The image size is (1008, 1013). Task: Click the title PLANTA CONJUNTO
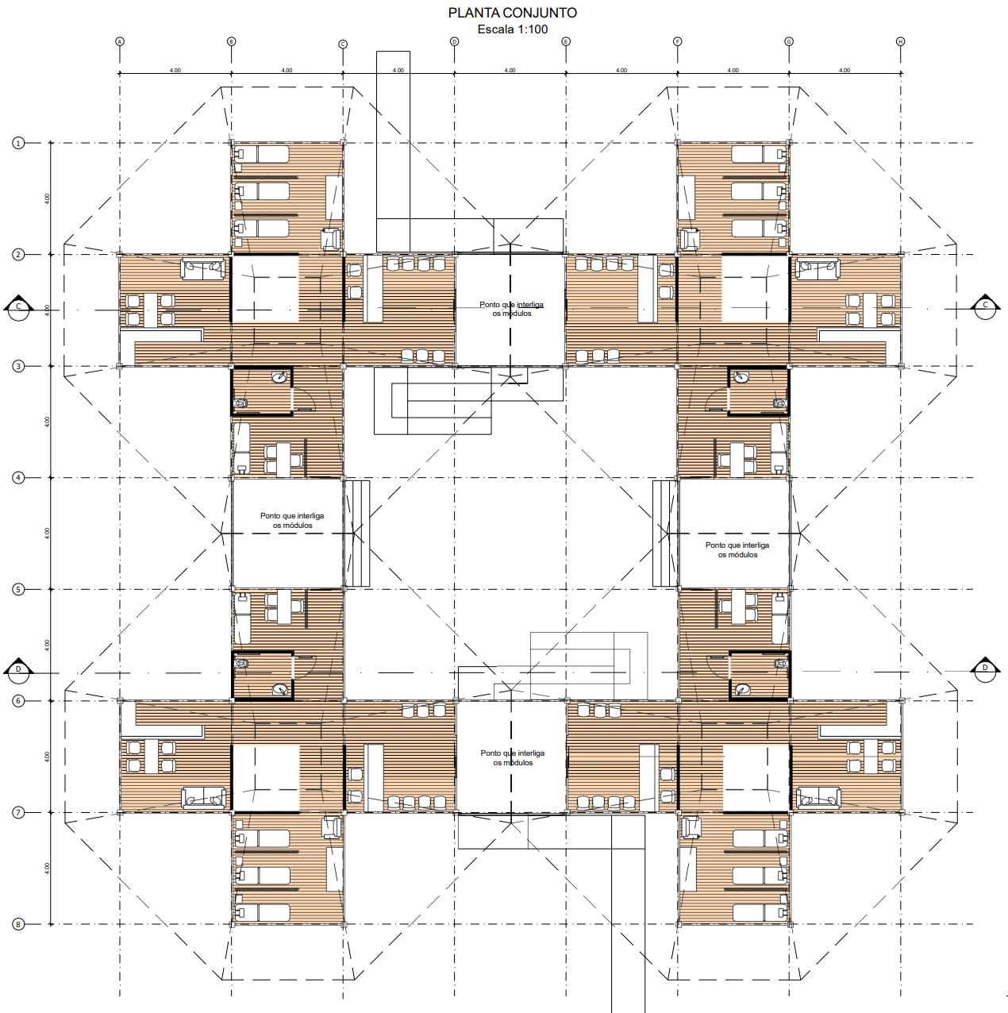512,13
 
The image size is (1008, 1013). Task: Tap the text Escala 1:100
512,29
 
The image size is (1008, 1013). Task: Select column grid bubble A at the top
120,41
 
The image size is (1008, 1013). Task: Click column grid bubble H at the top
901,41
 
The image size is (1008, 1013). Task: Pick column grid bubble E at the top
566,41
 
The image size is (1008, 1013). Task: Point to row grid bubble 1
17,143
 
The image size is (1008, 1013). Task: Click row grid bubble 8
17,924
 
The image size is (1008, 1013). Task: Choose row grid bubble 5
17,589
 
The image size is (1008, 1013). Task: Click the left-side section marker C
17,308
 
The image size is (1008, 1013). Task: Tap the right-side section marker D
985,668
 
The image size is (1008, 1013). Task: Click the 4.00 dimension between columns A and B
175,70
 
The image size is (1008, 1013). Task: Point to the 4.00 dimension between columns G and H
844,70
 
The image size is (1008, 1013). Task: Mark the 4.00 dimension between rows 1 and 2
47,198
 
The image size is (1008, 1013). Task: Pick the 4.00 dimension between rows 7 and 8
47,868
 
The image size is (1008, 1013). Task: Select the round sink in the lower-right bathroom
741,688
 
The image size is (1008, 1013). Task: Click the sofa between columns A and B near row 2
202,270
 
